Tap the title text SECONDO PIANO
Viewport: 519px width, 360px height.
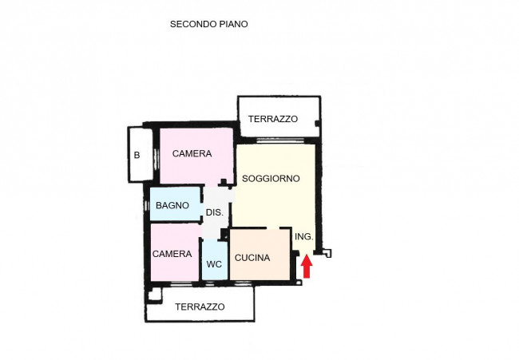[208, 24]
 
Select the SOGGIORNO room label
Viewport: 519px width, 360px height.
[271, 179]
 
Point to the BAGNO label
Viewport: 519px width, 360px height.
[172, 205]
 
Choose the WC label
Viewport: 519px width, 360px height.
[214, 264]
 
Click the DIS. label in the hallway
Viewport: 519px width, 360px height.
[214, 212]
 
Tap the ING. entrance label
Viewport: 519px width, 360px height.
[303, 237]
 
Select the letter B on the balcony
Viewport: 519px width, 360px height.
[137, 155]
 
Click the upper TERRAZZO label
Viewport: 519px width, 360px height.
[272, 119]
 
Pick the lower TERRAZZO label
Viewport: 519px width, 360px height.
[200, 307]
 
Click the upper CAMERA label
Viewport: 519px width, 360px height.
[192, 154]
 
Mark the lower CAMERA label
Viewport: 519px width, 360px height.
[172, 254]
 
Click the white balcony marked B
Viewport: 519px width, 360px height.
[137, 168]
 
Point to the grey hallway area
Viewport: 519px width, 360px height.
[213, 227]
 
